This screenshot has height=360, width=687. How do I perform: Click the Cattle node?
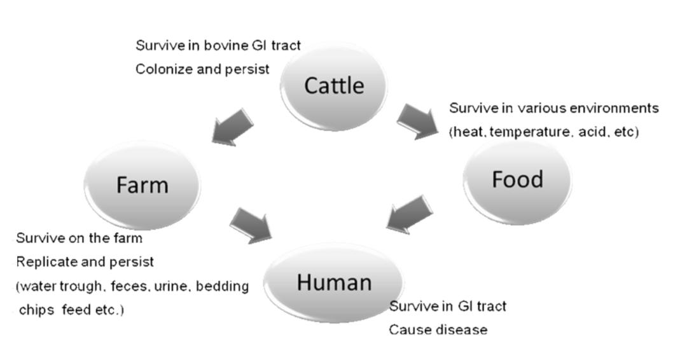tap(334, 85)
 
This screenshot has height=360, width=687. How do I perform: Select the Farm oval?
tap(142, 184)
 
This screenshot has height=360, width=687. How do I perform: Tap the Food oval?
tap(517, 180)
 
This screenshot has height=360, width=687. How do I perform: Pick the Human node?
tap(334, 282)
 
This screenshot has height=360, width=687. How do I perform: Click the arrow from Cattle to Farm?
tap(232, 126)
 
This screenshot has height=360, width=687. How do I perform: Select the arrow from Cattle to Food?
tap(418, 121)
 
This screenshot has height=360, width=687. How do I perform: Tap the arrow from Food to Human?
tap(410, 212)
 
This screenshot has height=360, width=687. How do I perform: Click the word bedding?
tap(222, 286)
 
